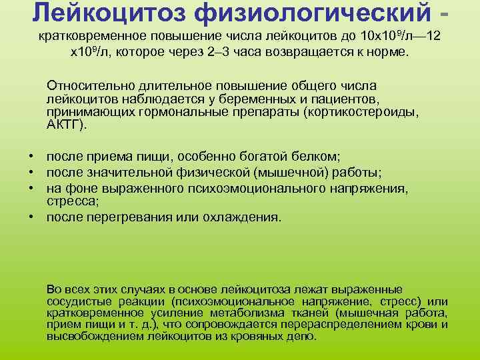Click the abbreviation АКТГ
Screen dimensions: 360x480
(x=65, y=124)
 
